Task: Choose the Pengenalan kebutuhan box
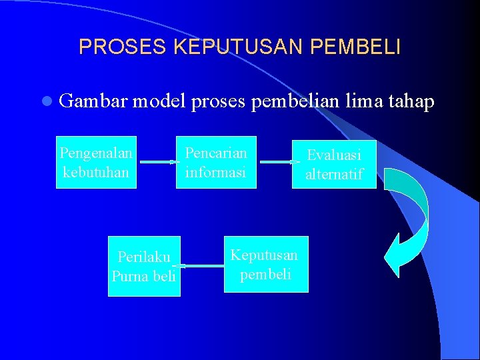pyautogui.click(x=96, y=162)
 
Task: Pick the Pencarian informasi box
pyautogui.click(x=216, y=162)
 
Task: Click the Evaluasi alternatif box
pyautogui.click(x=334, y=164)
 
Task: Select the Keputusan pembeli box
pyautogui.click(x=265, y=264)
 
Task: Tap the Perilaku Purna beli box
pyautogui.click(x=145, y=266)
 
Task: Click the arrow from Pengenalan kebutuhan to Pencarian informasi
pyautogui.click(x=156, y=162)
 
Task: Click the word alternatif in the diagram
pyautogui.click(x=334, y=174)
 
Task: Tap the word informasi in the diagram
pyautogui.click(x=216, y=171)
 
